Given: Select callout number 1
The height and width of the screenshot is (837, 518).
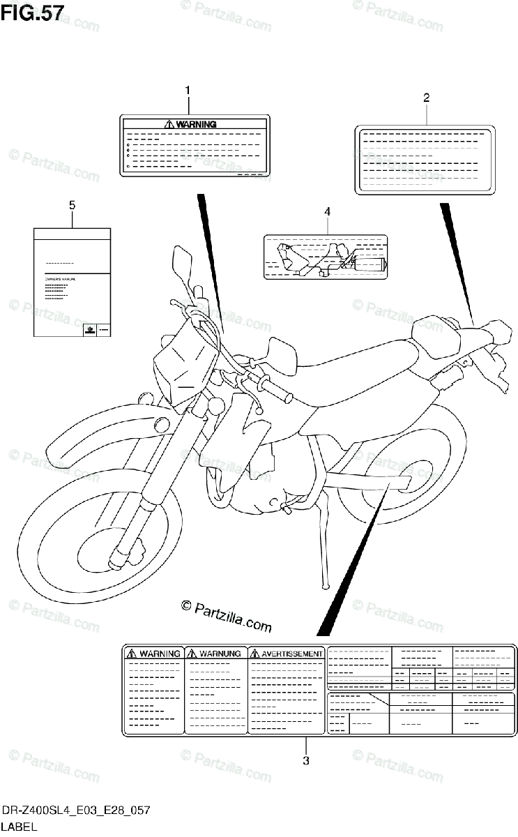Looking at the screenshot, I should pos(187,90).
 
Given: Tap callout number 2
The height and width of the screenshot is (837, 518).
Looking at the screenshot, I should pos(426,98).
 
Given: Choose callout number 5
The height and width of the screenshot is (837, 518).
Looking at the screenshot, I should pos(72,204).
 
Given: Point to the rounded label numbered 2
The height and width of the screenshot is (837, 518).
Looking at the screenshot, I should pos(424,158).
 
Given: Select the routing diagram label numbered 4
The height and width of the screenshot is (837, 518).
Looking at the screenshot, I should pos(326,257).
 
